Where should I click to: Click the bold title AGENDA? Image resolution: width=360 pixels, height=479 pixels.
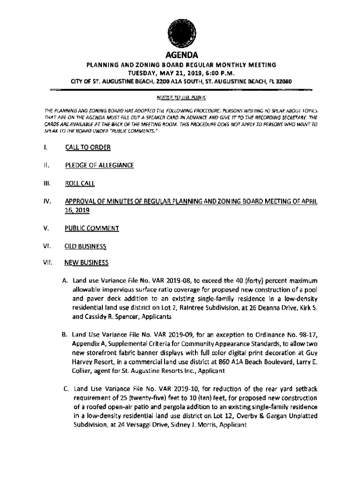(180, 55)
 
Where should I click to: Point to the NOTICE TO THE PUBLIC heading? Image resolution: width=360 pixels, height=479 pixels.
(180, 97)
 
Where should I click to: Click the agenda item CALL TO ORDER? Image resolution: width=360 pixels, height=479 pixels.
(87, 148)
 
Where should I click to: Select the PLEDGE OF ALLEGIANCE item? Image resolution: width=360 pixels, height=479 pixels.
(100, 165)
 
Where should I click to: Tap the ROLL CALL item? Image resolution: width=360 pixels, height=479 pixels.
(79, 183)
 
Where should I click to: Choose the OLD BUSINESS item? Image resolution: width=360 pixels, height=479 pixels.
(86, 246)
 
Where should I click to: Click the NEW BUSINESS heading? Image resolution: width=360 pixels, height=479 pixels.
(86, 263)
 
